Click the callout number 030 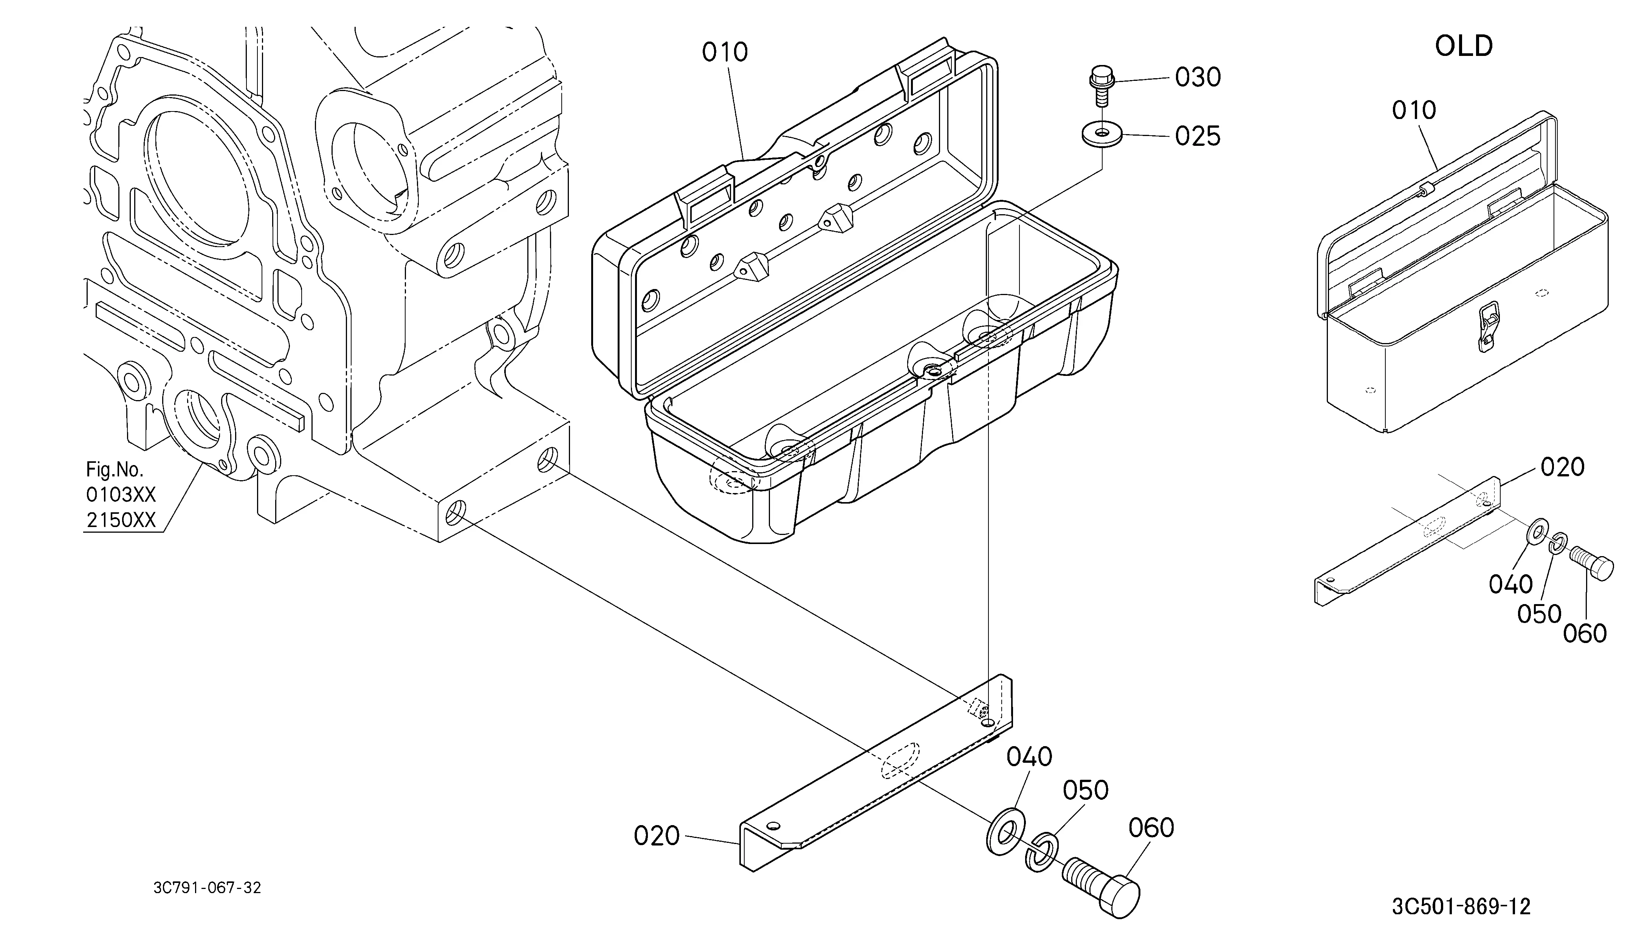pos(1197,77)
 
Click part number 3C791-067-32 pos(207,888)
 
